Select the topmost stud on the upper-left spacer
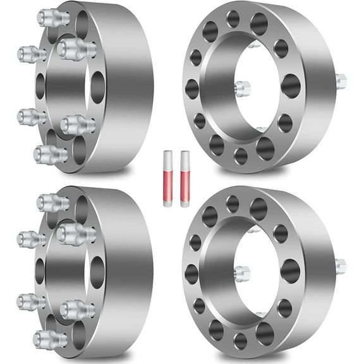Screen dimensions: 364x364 [x=52, y=17]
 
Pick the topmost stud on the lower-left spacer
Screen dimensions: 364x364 [x=52, y=202]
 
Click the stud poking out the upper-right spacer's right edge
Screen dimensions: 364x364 [x=341, y=81]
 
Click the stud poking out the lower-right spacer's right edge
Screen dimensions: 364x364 [x=341, y=266]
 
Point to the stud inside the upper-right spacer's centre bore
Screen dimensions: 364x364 [x=242, y=88]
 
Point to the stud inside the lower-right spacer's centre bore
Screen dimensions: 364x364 [x=242, y=274]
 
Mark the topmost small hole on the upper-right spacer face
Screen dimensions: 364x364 [x=233, y=18]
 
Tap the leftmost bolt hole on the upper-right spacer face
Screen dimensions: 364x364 [x=192, y=88]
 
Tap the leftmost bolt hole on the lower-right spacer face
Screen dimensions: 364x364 [x=192, y=274]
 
